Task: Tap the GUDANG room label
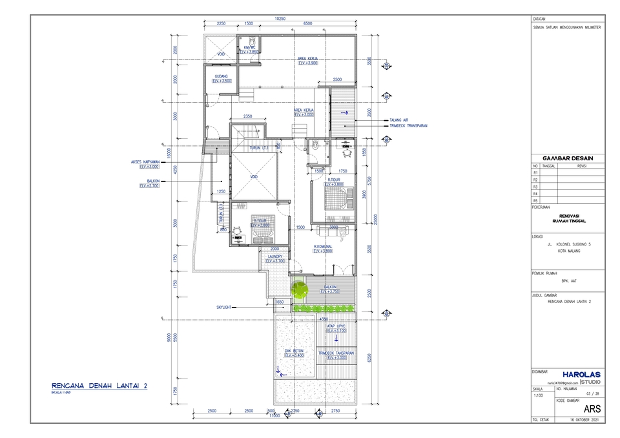[x=221, y=76]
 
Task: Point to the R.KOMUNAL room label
[x=323, y=246]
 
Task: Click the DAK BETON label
[x=294, y=351]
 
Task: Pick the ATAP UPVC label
[x=336, y=326]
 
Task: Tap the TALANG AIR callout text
[x=400, y=120]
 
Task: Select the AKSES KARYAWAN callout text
[x=145, y=162]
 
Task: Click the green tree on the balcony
[x=298, y=290]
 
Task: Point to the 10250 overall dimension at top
[x=280, y=19]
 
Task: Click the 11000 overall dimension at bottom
[x=276, y=416]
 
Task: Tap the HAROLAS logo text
[x=581, y=374]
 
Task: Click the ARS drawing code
[x=592, y=408]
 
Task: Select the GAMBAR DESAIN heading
[x=568, y=158]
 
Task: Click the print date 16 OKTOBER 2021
[x=585, y=419]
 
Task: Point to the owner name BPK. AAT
[x=568, y=281]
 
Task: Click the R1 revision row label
[x=535, y=172]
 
